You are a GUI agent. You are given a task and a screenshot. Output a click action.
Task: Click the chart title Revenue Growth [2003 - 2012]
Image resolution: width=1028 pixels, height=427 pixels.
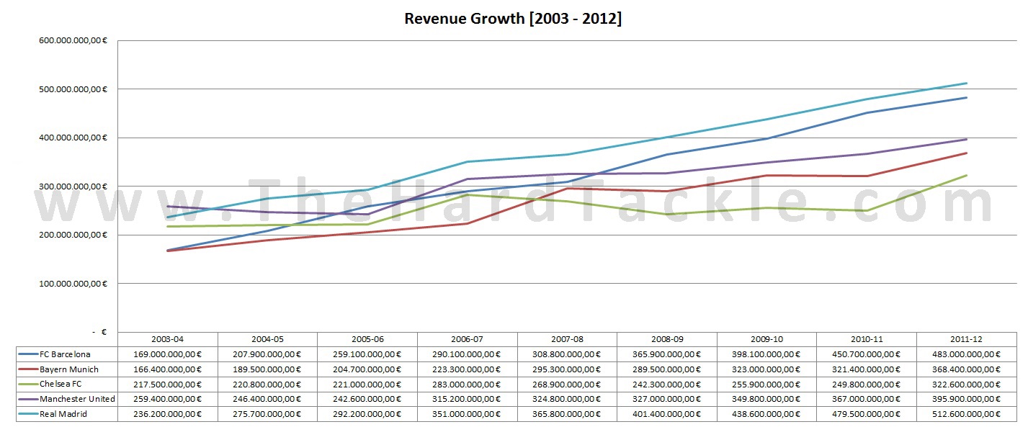[x=513, y=19]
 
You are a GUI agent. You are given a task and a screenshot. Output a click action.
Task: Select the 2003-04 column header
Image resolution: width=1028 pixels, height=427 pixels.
[x=167, y=339]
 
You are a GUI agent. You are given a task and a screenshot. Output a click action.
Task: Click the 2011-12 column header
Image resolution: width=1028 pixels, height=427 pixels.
[x=966, y=339]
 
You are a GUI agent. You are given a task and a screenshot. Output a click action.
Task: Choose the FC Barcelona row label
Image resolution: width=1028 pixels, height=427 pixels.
[x=66, y=354]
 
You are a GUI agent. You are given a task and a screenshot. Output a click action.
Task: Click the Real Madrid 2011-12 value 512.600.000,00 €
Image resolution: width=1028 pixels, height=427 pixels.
[x=966, y=414]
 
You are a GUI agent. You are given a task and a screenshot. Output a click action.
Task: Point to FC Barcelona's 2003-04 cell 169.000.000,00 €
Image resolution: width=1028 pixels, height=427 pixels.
[x=167, y=354]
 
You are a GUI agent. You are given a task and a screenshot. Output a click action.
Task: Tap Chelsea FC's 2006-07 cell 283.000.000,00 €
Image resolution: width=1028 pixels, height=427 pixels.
[x=467, y=385]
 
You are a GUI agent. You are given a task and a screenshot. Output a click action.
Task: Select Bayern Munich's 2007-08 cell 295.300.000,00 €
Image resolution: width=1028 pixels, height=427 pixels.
[x=567, y=369]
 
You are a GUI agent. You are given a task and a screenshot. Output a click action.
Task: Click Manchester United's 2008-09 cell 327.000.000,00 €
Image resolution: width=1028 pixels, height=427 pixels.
[x=667, y=399]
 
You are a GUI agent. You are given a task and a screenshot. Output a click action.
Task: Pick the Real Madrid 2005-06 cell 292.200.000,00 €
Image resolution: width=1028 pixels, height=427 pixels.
[x=367, y=414]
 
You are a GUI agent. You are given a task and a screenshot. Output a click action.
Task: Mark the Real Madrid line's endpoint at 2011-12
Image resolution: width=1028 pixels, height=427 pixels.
[x=967, y=83]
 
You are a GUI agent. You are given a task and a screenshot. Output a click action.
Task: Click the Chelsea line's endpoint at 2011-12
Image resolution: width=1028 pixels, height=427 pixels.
[x=967, y=175]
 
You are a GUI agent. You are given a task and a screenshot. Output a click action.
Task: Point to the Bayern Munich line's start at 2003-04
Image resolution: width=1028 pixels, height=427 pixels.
[x=167, y=251]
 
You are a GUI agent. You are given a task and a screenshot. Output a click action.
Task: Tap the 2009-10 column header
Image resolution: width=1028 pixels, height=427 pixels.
[x=766, y=339]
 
